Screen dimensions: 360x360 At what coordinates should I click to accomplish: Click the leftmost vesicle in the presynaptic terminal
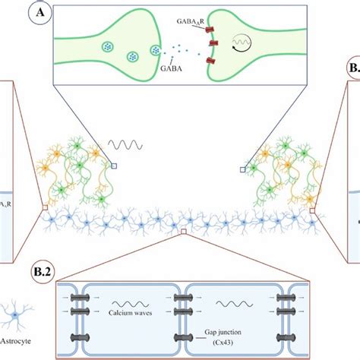coord(106,46)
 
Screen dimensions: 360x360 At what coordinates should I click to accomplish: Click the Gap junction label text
coord(228,332)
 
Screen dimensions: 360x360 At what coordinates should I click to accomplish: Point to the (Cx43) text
coord(228,342)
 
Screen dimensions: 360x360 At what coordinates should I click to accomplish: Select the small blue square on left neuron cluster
coord(113,166)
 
